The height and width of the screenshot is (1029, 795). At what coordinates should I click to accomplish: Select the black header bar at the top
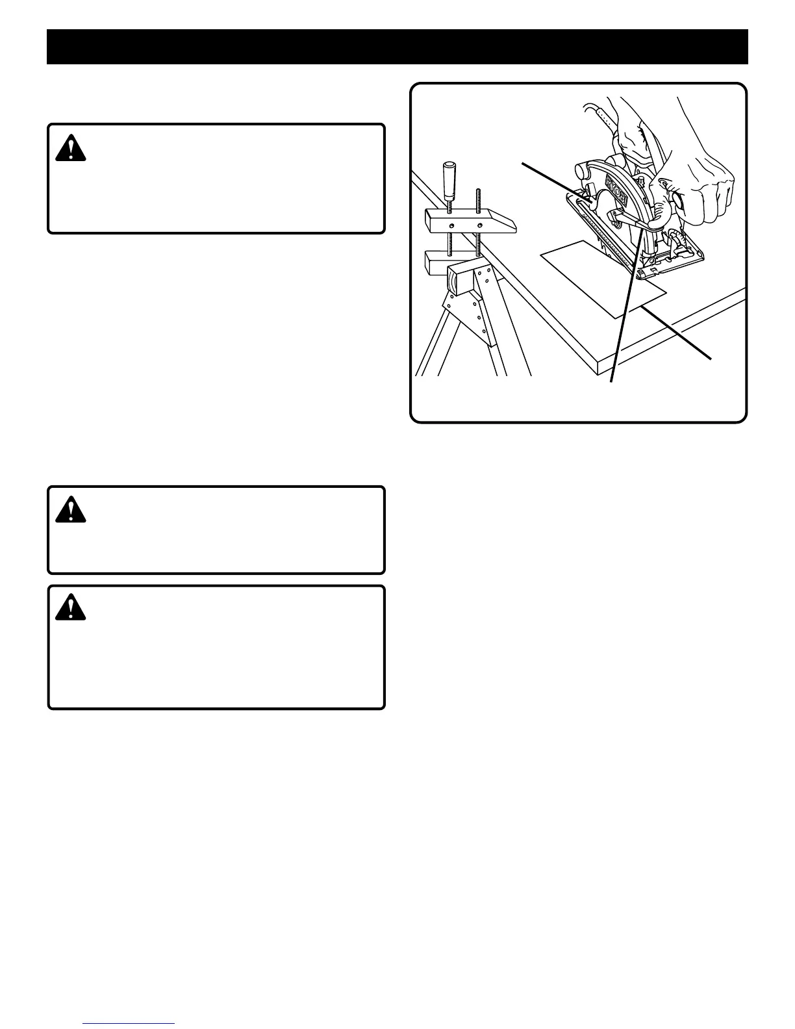(397, 46)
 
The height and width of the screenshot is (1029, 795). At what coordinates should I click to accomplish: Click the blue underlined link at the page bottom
(129, 1024)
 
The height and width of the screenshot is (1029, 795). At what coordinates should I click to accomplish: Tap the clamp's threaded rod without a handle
(479, 214)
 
